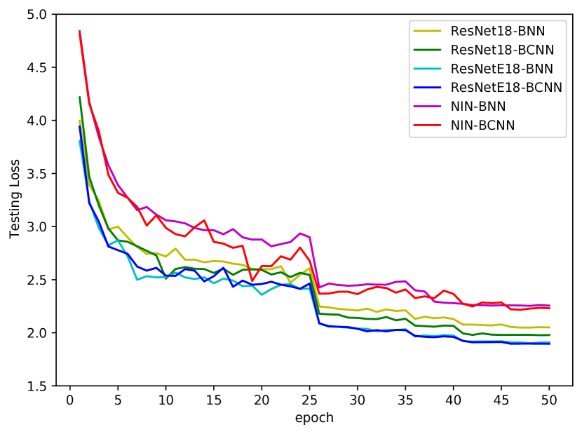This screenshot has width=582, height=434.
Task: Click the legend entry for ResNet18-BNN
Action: pos(498,31)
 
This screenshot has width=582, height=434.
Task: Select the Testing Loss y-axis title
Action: pos(15,200)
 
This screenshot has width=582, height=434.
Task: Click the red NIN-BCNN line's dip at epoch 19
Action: pos(252,280)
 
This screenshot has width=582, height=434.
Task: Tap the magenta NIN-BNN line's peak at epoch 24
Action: pos(300,233)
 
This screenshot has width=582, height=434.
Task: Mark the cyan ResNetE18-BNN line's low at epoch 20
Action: pos(262,294)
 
